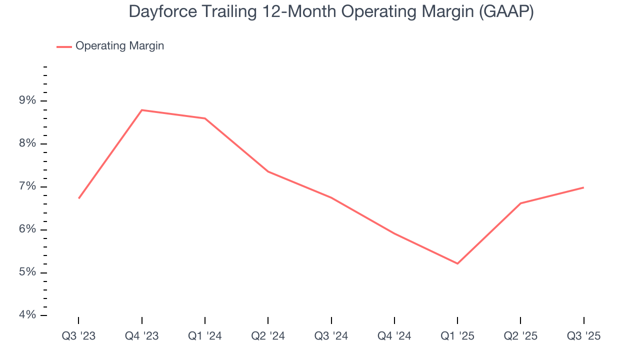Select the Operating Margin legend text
tap(119, 46)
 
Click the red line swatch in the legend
tap(64, 46)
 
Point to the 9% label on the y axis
tap(28, 100)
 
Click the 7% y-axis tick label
tap(28, 186)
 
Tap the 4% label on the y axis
tap(28, 315)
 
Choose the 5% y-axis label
tap(28, 272)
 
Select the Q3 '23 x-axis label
tap(78, 336)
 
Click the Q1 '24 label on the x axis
tap(205, 336)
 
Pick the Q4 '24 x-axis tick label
tap(394, 336)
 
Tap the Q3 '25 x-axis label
tap(583, 336)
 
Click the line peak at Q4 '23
tap(142, 110)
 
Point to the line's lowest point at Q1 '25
tap(457, 263)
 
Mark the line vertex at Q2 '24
tap(268, 171)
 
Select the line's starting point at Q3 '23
tap(79, 198)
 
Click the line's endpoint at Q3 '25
tap(583, 187)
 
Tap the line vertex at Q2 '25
tap(520, 203)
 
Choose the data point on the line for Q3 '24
tap(331, 197)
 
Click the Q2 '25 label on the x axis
tap(520, 336)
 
